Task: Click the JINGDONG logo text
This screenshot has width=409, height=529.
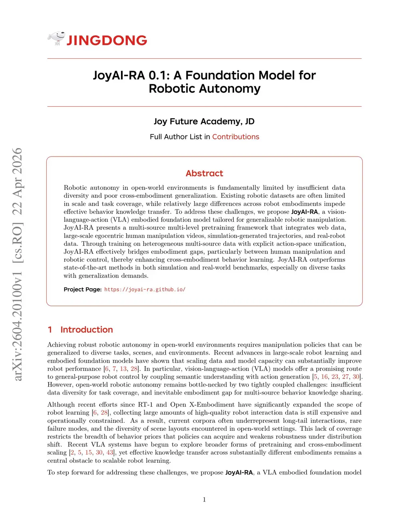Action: coord(107,40)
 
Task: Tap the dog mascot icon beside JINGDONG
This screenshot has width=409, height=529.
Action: coord(56,38)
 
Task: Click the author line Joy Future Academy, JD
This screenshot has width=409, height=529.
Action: coord(204,121)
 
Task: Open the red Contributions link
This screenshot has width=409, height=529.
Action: coord(236,137)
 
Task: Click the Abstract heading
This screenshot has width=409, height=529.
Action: coord(204,173)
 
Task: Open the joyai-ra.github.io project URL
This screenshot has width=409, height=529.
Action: coord(145,289)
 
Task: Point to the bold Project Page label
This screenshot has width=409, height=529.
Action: coord(83,289)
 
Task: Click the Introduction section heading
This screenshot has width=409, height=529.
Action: coord(87,329)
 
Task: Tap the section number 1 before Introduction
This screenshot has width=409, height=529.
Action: coord(50,329)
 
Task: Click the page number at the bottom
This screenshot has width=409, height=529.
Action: coord(204,499)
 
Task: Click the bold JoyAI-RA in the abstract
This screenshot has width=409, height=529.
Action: coord(304,212)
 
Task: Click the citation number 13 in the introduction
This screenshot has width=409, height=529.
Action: coord(123,369)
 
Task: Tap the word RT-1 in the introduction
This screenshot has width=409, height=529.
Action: coord(145,404)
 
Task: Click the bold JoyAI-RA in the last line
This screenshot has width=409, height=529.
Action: coord(239,472)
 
